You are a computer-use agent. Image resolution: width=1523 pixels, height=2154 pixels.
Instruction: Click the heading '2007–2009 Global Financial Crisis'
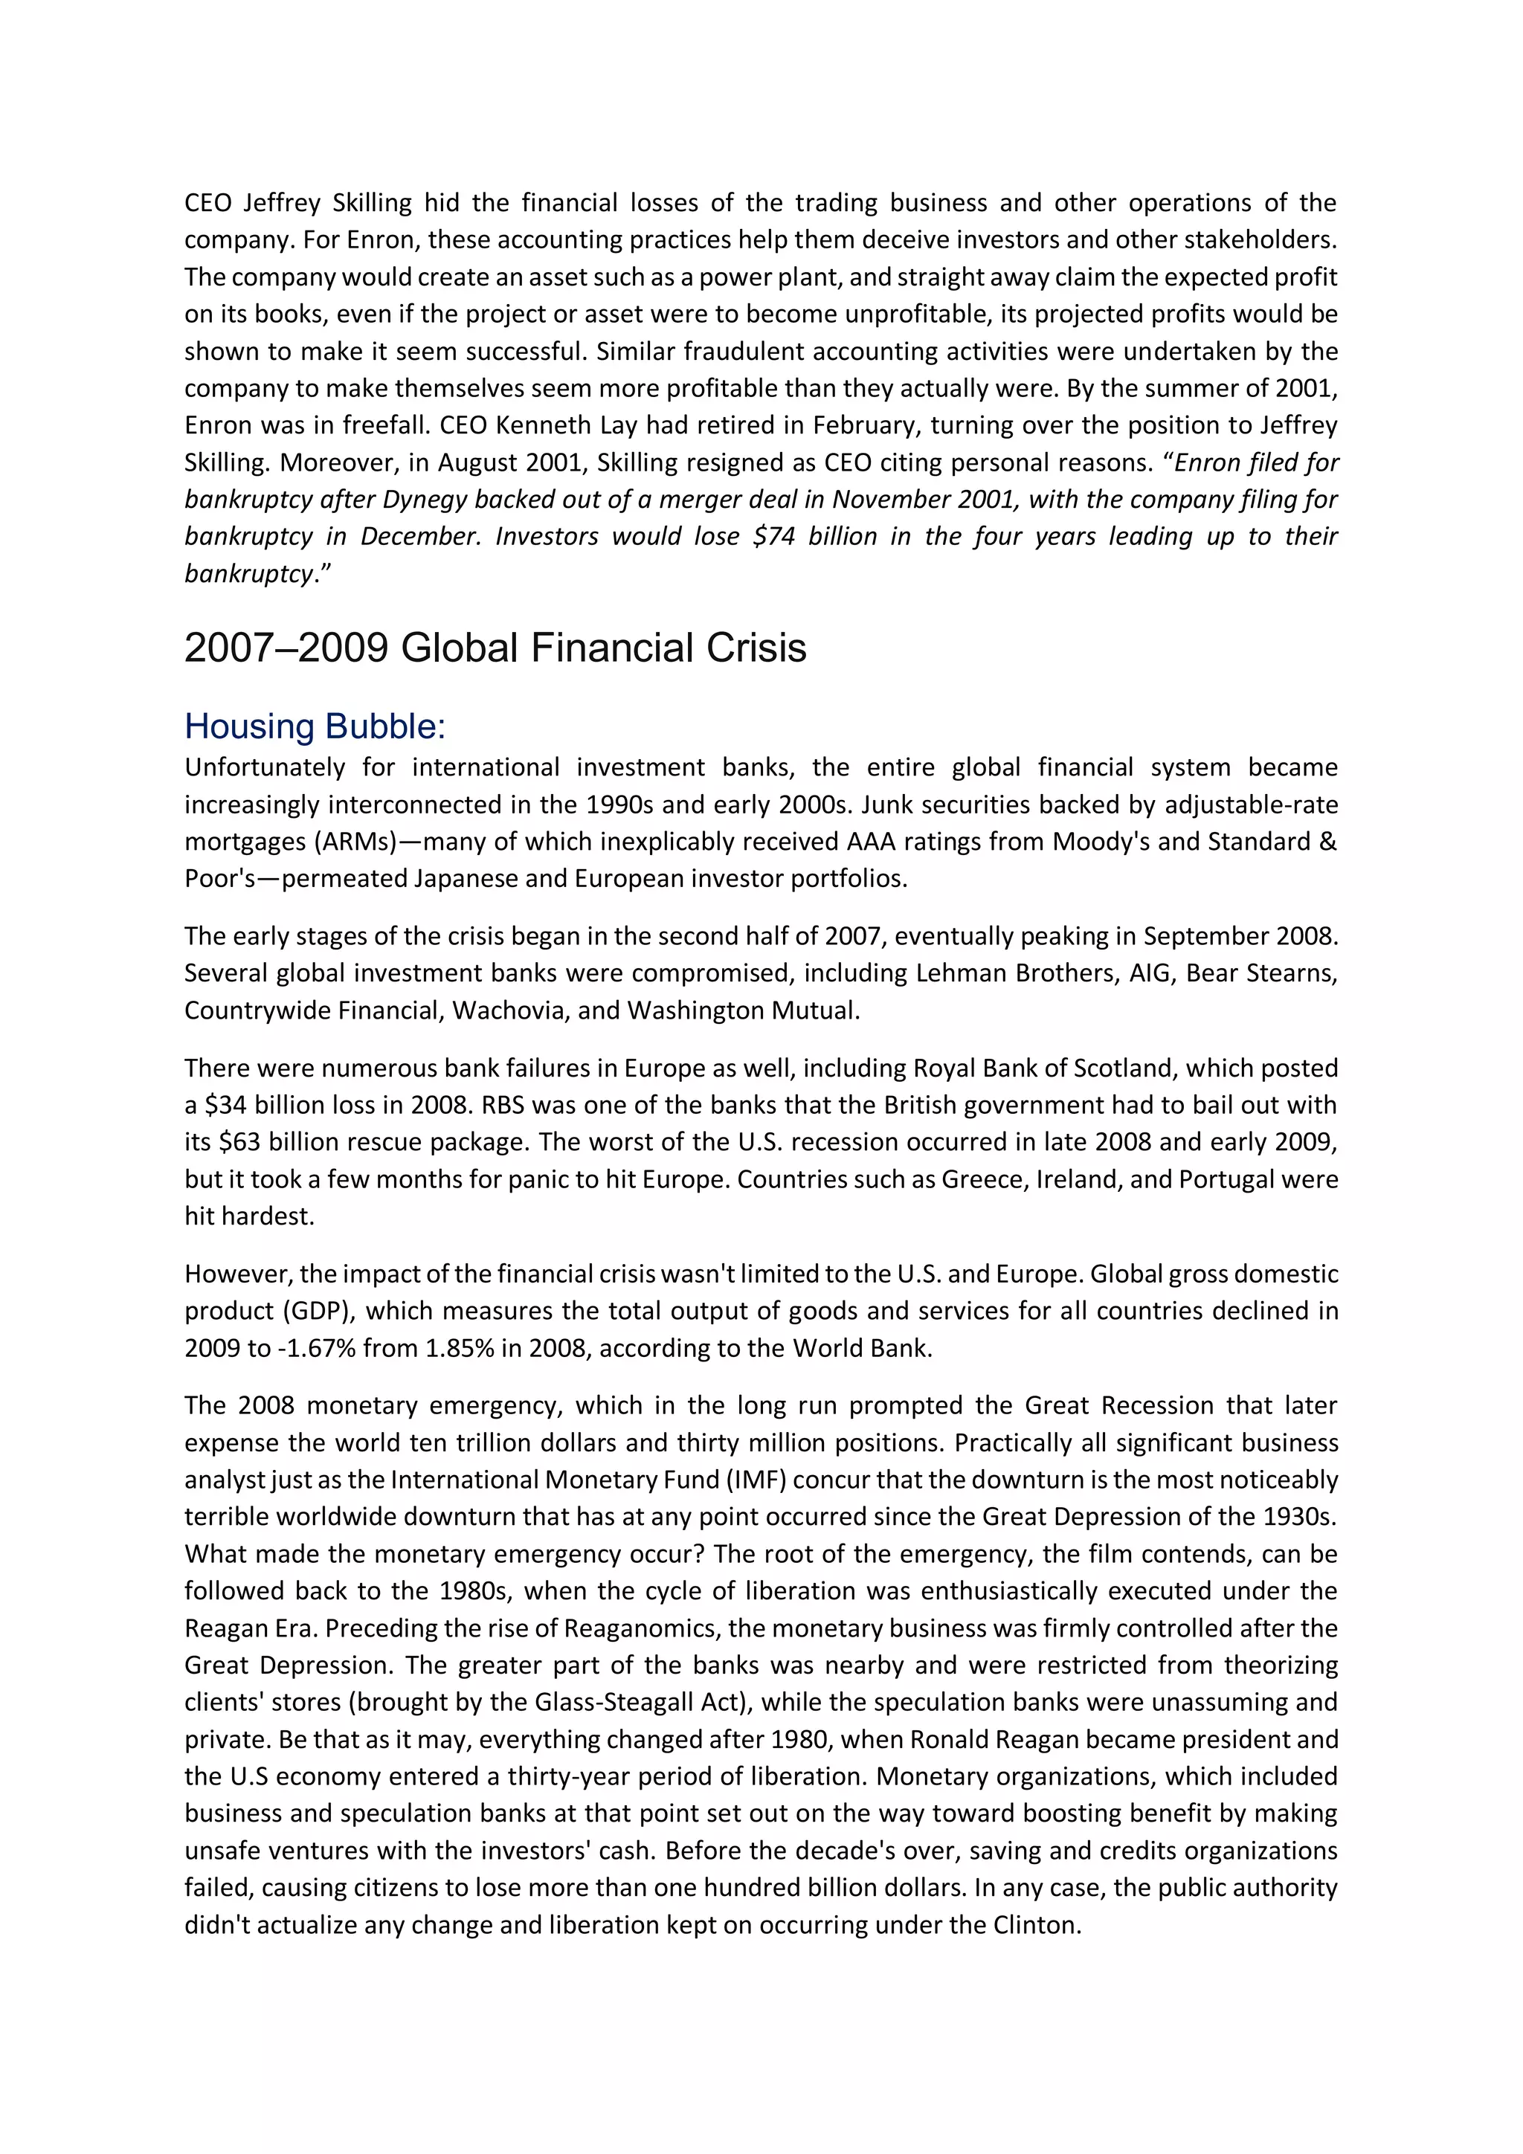495,648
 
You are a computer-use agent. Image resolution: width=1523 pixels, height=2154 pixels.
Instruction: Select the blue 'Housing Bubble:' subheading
315,726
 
